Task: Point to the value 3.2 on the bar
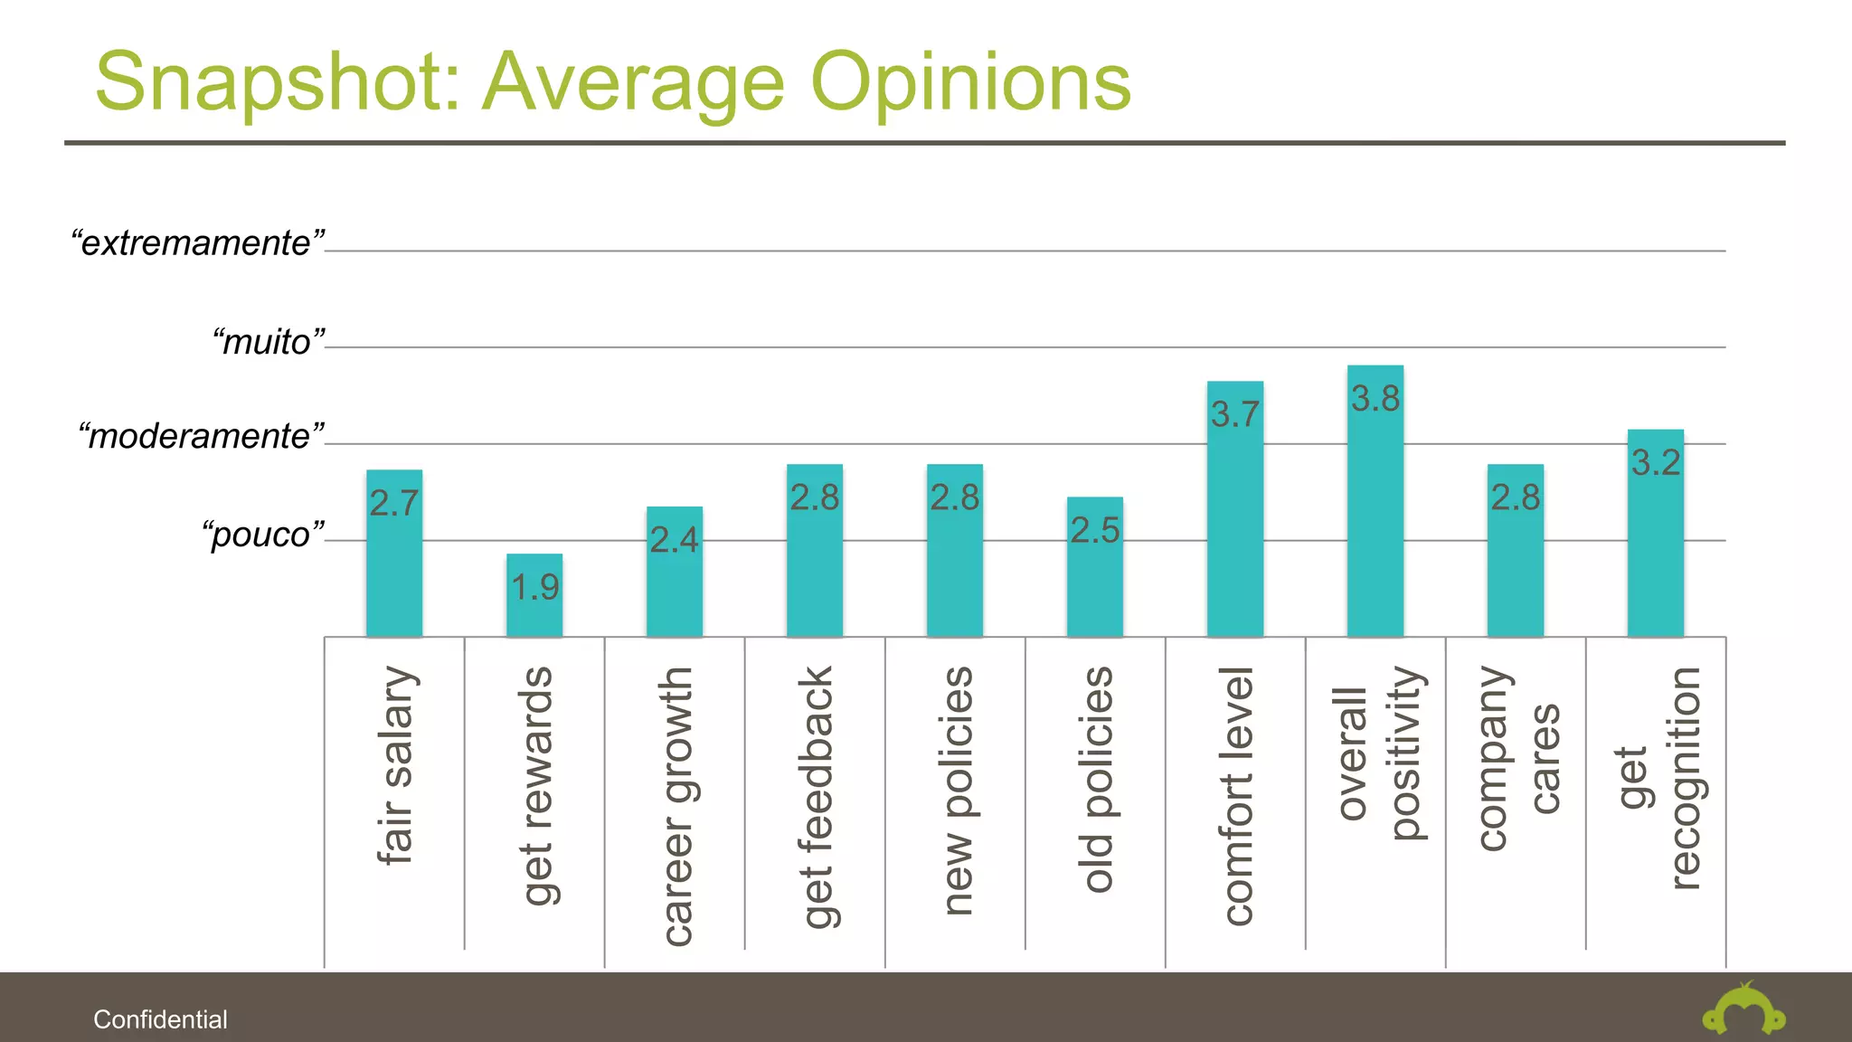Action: coord(1656,463)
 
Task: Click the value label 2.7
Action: coord(394,503)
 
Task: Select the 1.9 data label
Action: coord(535,588)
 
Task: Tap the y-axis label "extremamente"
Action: coord(197,243)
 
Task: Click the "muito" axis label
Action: coord(268,342)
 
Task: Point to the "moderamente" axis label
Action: coord(201,436)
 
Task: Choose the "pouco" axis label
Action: coord(262,534)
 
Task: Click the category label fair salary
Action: coord(396,765)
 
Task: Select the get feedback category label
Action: coord(816,797)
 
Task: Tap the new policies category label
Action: coord(956,791)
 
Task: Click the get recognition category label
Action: coord(1658,778)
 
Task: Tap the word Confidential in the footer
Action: coord(160,1019)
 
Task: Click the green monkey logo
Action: coord(1743,1011)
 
